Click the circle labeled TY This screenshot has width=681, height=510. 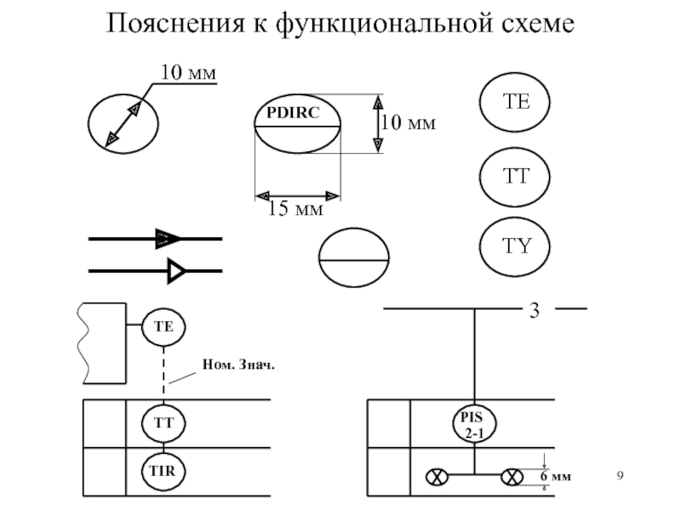point(516,247)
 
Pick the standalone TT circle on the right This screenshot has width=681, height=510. point(516,176)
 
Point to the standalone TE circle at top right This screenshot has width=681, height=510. point(516,103)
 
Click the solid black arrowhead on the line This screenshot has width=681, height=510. point(169,240)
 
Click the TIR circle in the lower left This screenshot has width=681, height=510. point(163,470)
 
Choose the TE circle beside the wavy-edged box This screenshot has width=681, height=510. point(163,326)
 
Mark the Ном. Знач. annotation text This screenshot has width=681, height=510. point(240,365)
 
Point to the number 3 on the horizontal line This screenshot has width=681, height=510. point(535,310)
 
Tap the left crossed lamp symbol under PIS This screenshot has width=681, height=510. point(438,477)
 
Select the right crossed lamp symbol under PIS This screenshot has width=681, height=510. point(513,477)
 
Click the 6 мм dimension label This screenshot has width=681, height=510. point(556,478)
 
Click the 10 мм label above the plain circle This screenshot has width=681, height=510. point(189,73)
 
